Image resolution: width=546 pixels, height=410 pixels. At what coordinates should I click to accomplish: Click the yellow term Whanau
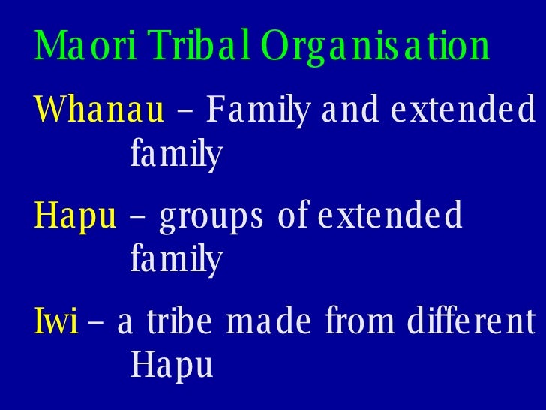[x=99, y=113]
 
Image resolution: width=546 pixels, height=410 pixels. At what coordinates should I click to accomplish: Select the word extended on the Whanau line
[x=463, y=113]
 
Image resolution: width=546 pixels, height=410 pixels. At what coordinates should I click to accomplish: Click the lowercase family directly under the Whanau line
[x=176, y=156]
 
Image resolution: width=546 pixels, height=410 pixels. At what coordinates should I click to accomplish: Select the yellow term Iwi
[x=56, y=323]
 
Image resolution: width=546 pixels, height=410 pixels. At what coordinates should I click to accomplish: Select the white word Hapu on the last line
[x=172, y=366]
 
